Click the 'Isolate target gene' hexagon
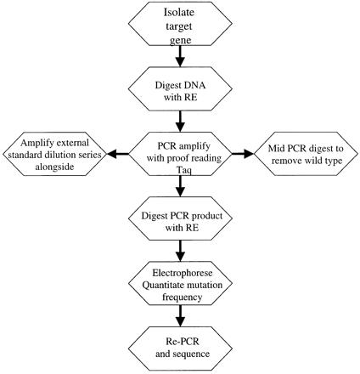coord(180,24)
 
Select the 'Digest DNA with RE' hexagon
coord(180,88)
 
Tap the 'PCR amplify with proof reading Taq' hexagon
coord(180,154)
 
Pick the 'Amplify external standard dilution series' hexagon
coord(54,154)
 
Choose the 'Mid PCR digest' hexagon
coord(306,154)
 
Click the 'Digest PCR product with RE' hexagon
coord(180,218)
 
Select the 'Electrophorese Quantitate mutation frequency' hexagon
coord(180,283)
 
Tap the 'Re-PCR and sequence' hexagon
coord(180,348)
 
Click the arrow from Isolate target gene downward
coord(180,56)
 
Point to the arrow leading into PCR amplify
coord(180,122)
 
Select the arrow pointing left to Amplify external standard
coord(117,154)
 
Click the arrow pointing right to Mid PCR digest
coord(243,154)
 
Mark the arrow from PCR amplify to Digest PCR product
coord(180,186)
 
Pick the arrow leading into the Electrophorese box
coord(180,251)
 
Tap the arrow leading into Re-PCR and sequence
coord(180,316)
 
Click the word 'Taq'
coord(184,170)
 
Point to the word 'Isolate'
coord(179,12)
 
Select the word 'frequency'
coord(183,297)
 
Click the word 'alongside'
coord(54,167)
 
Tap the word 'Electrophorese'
coord(183,273)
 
